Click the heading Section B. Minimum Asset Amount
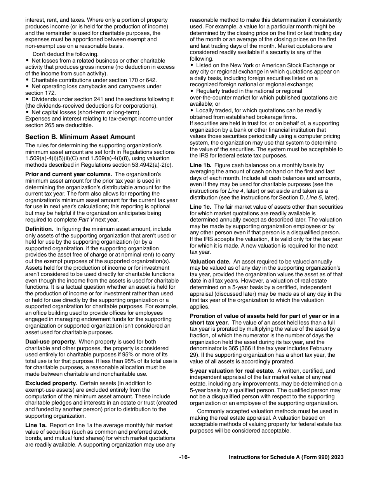click(80, 137)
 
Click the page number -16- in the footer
click(184, 457)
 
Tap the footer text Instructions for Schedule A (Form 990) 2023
click(286, 457)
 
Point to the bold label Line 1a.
click(36, 425)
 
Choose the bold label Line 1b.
click(200, 165)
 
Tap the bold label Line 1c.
click(200, 207)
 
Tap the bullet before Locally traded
click(192, 110)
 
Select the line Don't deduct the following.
click(65, 54)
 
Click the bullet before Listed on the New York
click(192, 65)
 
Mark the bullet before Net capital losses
click(27, 112)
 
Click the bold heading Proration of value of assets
click(265, 316)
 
